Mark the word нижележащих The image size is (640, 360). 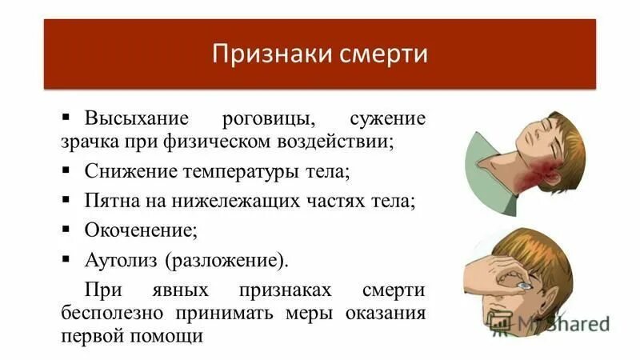pyautogui.click(x=230, y=201)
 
